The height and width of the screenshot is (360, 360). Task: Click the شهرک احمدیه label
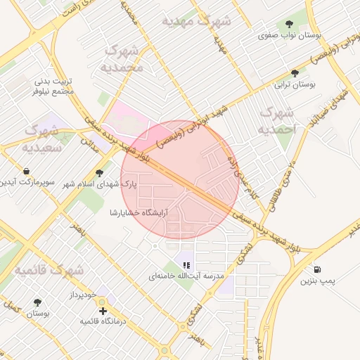(x=278, y=121)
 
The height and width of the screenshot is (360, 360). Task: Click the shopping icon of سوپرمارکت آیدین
(x=26, y=172)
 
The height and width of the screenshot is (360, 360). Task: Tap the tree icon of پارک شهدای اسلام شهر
(x=99, y=172)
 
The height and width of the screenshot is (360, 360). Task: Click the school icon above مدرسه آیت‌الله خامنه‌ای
(x=186, y=265)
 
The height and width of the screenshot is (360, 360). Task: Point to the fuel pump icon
(x=318, y=269)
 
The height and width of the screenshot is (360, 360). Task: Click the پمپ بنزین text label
(x=315, y=281)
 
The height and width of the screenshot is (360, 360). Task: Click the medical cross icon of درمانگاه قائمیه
(x=103, y=310)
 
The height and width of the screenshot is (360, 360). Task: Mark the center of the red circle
(x=180, y=180)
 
